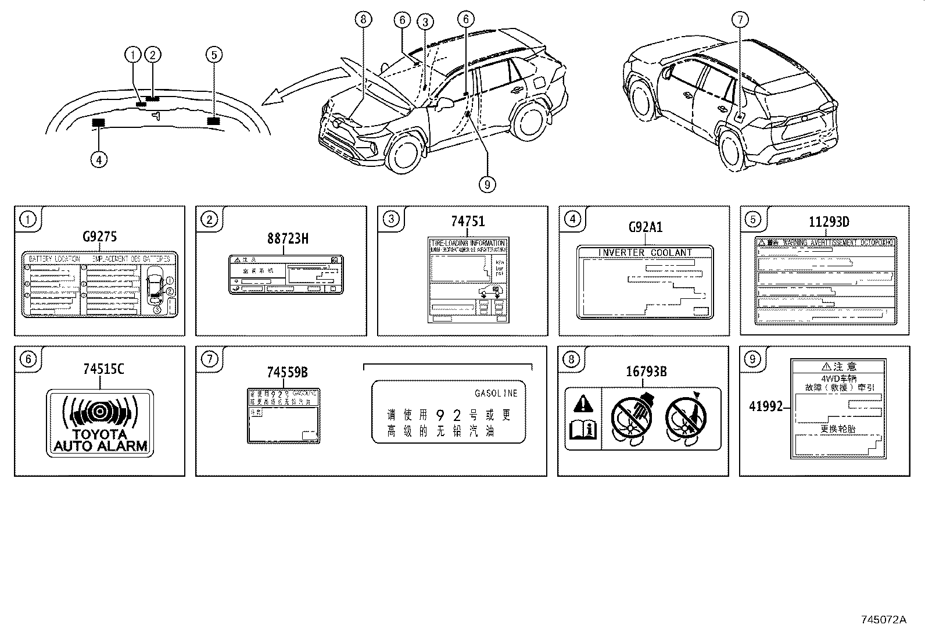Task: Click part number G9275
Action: (x=99, y=237)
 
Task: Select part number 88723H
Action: (x=288, y=238)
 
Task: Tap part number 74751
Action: (x=467, y=222)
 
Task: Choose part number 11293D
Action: (x=829, y=222)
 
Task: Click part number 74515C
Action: (x=103, y=369)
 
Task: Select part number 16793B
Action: (x=646, y=372)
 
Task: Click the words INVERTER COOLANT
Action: (x=645, y=252)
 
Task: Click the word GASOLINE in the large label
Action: (x=496, y=394)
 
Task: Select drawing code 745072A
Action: (x=883, y=620)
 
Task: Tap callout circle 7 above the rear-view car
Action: (x=739, y=20)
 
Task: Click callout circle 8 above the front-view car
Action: (x=363, y=20)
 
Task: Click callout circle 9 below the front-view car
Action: (x=487, y=184)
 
